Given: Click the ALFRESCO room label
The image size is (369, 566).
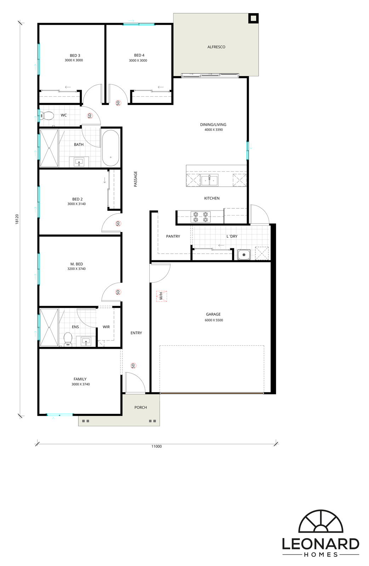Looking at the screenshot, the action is click(216, 47).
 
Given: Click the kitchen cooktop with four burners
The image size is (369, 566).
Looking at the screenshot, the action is click(201, 217).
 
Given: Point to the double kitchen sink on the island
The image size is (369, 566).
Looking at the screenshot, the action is click(210, 180).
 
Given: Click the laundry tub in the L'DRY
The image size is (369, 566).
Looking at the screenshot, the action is click(244, 254).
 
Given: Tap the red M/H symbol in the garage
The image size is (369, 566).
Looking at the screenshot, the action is click(161, 296).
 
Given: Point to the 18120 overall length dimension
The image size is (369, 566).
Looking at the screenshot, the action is click(17, 219).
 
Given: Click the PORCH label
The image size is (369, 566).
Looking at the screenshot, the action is click(140, 407).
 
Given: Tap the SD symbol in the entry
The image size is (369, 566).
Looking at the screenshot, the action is click(133, 366).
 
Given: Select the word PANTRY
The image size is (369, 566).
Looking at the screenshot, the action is click(173, 236).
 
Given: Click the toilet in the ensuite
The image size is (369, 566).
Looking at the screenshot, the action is click(68, 339).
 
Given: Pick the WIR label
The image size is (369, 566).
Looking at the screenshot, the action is click(106, 327).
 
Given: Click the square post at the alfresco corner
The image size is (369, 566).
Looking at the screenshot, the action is click(253, 18).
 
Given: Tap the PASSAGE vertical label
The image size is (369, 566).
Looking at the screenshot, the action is click(136, 179).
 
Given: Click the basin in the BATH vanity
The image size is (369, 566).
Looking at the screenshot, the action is click(79, 162).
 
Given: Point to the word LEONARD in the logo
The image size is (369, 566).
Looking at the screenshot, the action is click(321, 544).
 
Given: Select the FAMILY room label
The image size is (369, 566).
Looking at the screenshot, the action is click(80, 379).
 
